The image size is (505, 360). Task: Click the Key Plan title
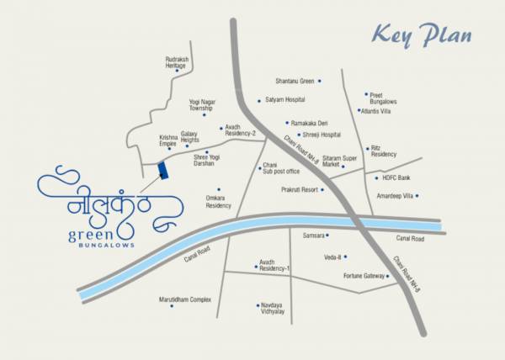[x=422, y=36]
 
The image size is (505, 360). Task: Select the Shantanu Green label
[x=294, y=82]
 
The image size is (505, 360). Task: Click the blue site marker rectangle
[x=164, y=169]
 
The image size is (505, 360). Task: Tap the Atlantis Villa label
[x=375, y=110]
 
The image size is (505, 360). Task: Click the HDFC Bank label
[x=397, y=177]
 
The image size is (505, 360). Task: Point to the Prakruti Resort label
[x=300, y=189]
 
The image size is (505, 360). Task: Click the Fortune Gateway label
[x=364, y=276]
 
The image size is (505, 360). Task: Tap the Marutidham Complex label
[x=185, y=299]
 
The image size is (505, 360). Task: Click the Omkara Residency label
[x=218, y=202]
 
